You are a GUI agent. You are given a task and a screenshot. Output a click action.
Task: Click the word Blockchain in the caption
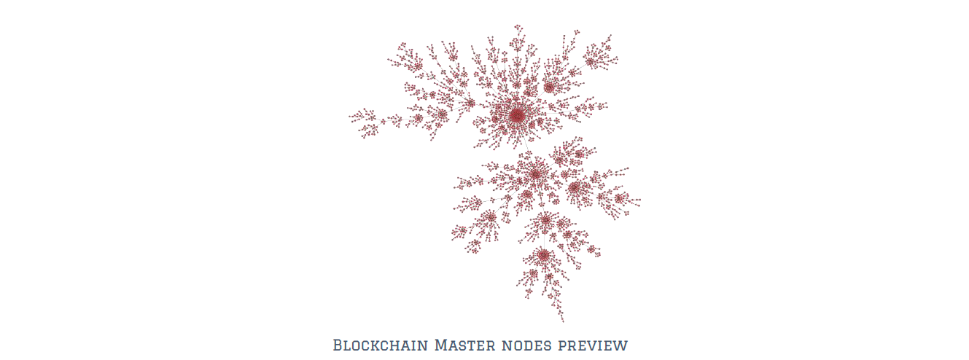(x=381, y=345)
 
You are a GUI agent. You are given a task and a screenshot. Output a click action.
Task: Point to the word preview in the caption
(x=593, y=347)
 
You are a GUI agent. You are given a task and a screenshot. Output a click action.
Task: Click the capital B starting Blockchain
(x=338, y=345)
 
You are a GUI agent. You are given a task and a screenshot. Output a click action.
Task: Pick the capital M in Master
(x=441, y=345)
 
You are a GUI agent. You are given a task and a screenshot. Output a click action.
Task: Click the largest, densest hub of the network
(x=517, y=115)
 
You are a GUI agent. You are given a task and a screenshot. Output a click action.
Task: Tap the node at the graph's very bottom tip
(x=563, y=321)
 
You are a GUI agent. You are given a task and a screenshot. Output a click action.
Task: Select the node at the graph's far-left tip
(x=350, y=117)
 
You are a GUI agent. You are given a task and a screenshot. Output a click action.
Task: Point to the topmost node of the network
(x=518, y=26)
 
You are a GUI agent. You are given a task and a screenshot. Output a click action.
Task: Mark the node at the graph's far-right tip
(x=639, y=200)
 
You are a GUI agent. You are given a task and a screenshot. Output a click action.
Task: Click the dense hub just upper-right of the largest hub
(x=549, y=87)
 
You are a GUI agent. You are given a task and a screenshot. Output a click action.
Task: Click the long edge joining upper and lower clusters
(x=527, y=145)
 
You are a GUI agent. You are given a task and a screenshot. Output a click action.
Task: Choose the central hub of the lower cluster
(x=536, y=174)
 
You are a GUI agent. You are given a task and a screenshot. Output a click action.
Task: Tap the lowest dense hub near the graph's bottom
(x=543, y=255)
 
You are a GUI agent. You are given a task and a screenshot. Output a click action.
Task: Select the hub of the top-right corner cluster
(x=591, y=62)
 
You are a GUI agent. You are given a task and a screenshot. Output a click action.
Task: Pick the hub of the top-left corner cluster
(x=418, y=66)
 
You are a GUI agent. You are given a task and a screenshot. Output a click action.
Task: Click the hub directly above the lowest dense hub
(x=546, y=220)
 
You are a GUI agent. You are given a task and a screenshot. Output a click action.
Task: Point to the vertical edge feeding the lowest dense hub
(x=544, y=237)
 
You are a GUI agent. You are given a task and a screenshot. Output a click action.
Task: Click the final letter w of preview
(x=622, y=347)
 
